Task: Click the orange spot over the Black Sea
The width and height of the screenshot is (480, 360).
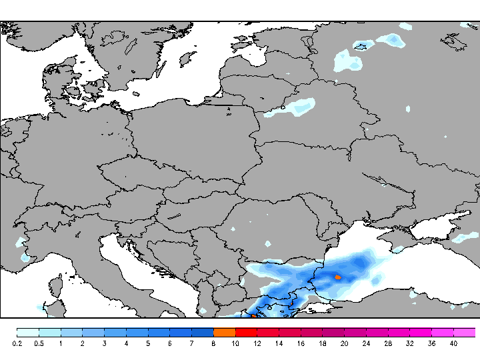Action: pos(338,277)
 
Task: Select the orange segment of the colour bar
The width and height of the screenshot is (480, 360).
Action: pos(225,332)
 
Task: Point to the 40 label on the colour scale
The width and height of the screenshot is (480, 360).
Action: pos(453,344)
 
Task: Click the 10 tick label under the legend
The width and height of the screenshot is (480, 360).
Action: pos(235,344)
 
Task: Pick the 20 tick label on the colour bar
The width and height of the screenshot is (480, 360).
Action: pos(344,344)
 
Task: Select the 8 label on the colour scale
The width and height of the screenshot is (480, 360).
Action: pos(213,344)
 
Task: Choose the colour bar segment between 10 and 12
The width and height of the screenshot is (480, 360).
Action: pos(246,332)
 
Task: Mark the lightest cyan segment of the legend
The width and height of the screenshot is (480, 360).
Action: pos(27,332)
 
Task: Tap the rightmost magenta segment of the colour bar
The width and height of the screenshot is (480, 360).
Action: pos(465,332)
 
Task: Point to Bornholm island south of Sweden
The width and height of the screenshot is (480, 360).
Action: pos(136,94)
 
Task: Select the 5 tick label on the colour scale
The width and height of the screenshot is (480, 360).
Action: pos(148,344)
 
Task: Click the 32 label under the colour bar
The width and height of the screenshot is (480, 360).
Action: pos(409,344)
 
